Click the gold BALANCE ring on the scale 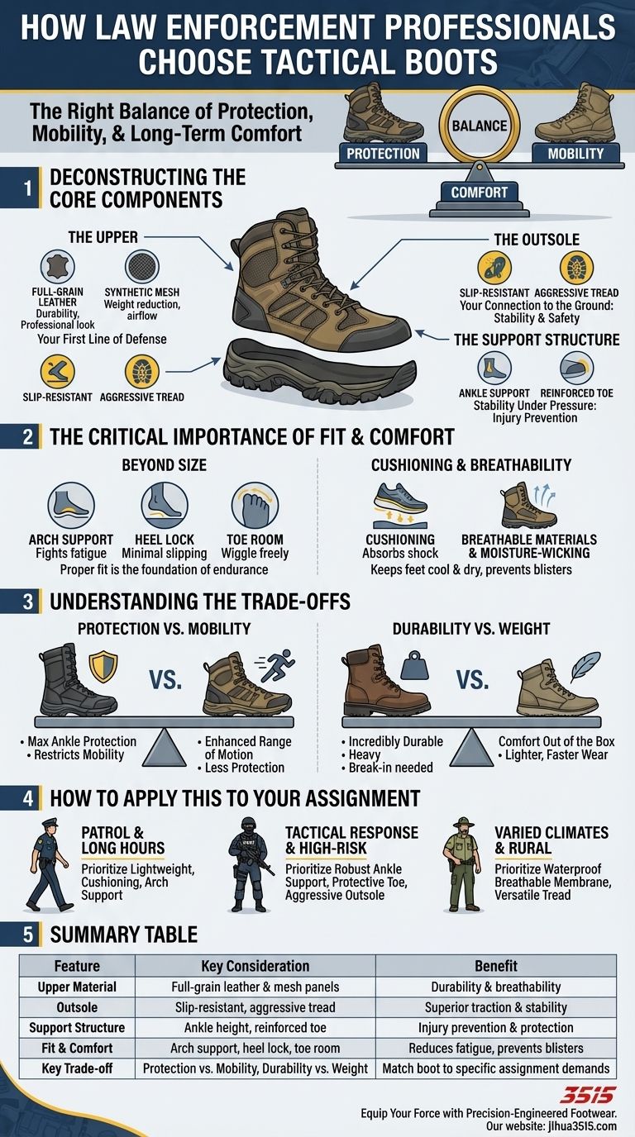[479, 126]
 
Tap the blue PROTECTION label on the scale [382, 154]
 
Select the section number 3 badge [27, 601]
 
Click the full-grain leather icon [58, 269]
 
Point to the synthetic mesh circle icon [141, 269]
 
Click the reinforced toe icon [576, 369]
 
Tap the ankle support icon [494, 369]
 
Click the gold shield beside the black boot [103, 667]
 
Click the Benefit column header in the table [496, 966]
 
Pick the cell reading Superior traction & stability [496, 1007]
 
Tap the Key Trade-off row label [77, 1068]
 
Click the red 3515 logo [587, 1095]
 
